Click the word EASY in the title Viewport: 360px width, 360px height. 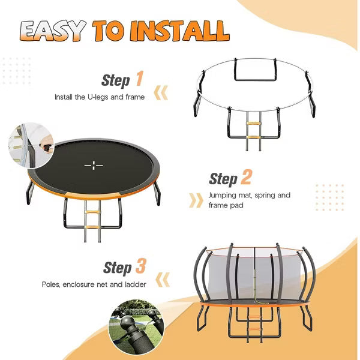pos(53,31)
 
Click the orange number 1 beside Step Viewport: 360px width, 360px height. pos(139,79)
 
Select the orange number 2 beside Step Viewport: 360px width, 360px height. pos(246,177)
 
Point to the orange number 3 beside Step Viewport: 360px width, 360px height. pos(141,266)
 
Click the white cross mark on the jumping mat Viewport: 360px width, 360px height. pos(94,166)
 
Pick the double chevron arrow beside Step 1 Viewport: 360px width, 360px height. pos(161,93)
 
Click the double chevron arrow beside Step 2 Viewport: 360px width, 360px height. pos(196,200)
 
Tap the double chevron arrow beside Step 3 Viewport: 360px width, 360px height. pos(163,280)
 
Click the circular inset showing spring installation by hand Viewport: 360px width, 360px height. pos(31,146)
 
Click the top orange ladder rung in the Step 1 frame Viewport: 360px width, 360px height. pos(253,123)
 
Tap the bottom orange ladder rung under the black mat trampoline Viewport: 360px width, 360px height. pos(92,227)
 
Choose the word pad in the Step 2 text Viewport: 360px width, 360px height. pos(237,205)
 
